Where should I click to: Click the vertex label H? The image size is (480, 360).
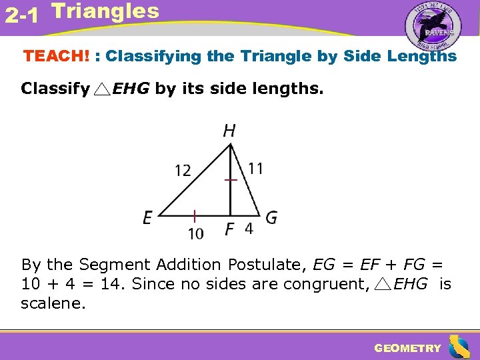(229, 130)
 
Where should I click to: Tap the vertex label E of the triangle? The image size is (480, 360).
(148, 218)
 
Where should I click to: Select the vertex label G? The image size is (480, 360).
(271, 217)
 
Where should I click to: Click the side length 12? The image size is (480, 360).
(182, 171)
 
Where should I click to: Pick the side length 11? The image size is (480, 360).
(255, 168)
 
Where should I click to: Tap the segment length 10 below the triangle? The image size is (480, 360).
(195, 233)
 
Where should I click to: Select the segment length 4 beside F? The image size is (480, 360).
(248, 229)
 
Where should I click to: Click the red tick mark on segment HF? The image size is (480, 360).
(231, 180)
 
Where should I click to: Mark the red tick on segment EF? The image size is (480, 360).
(194, 216)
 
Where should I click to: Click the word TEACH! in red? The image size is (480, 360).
(56, 56)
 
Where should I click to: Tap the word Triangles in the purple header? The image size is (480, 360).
(105, 11)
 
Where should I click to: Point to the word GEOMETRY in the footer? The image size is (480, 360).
(407, 348)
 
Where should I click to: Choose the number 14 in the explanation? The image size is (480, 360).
(112, 284)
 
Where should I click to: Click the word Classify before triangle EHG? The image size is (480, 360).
(55, 89)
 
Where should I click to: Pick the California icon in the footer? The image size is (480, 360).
(459, 346)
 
